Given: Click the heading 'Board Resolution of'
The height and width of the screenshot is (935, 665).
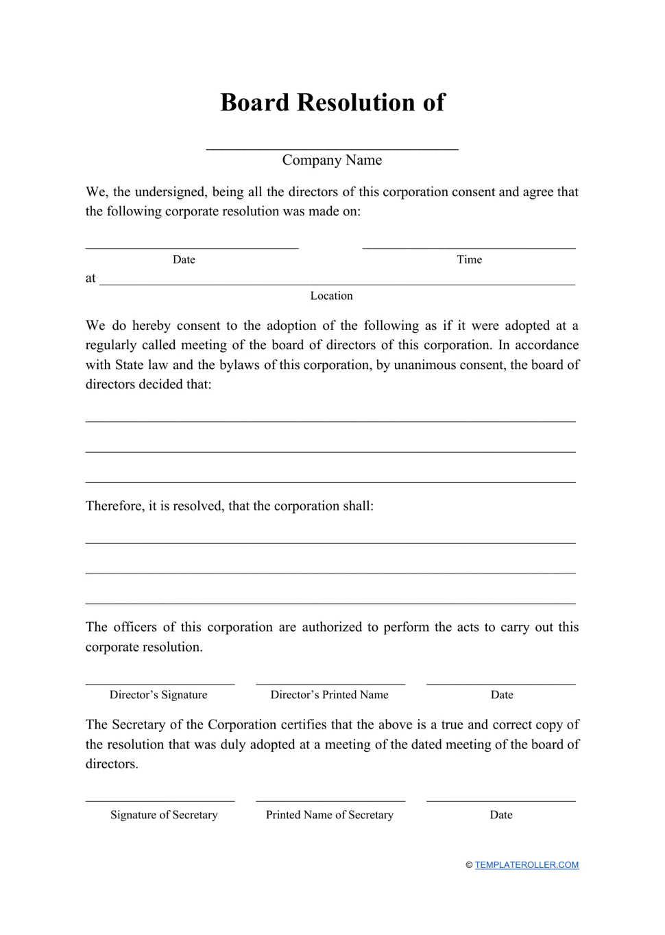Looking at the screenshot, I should pyautogui.click(x=332, y=103).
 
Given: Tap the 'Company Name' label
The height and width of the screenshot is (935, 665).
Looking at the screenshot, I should pyautogui.click(x=332, y=160).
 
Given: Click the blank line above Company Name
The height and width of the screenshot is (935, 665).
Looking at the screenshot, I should pyautogui.click(x=332, y=147).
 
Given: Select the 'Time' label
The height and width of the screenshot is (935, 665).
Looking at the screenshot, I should pyautogui.click(x=469, y=259).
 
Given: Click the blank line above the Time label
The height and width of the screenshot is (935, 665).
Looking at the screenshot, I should pyautogui.click(x=469, y=248).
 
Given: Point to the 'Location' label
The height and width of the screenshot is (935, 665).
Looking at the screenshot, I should pyautogui.click(x=331, y=296).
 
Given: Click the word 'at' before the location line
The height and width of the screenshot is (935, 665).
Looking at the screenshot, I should pyautogui.click(x=90, y=279).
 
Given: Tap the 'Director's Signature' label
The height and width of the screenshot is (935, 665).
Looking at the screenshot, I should pyautogui.click(x=158, y=695).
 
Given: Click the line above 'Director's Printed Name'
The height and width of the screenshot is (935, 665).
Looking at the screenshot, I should pyautogui.click(x=330, y=683).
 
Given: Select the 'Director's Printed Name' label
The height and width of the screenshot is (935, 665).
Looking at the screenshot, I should pyautogui.click(x=329, y=695).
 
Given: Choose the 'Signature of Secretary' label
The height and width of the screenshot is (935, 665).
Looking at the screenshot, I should pyautogui.click(x=164, y=815).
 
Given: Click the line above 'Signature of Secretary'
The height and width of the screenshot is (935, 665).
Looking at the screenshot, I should pyautogui.click(x=160, y=801).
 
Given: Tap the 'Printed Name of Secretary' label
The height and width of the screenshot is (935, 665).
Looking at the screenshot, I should pyautogui.click(x=329, y=815).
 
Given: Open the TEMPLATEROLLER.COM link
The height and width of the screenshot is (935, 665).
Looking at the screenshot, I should pyautogui.click(x=527, y=865).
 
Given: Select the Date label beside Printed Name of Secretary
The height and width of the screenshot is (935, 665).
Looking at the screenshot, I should pyautogui.click(x=501, y=815).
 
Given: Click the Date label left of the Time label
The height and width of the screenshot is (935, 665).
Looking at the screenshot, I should pyautogui.click(x=184, y=259).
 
